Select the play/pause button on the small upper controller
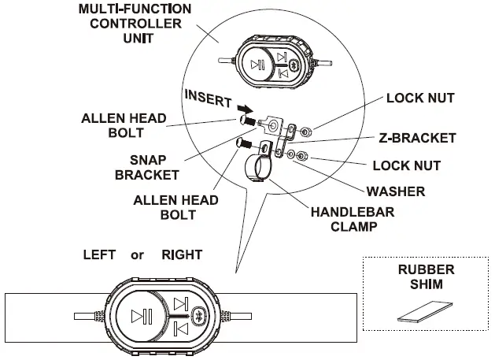pos(257,66)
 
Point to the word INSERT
pos(207,97)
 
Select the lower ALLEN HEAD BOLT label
pos(175,207)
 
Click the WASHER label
pos(395,191)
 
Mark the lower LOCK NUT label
pos(405,166)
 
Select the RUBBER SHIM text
pos(426,277)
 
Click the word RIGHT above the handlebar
pos(182,254)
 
